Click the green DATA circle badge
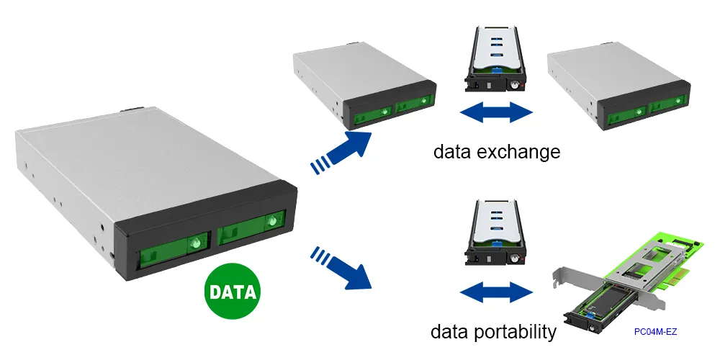(x=233, y=292)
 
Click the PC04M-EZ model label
(x=655, y=332)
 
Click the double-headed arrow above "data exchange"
(x=495, y=112)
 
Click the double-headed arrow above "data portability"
(x=495, y=292)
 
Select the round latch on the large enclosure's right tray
(x=271, y=221)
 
